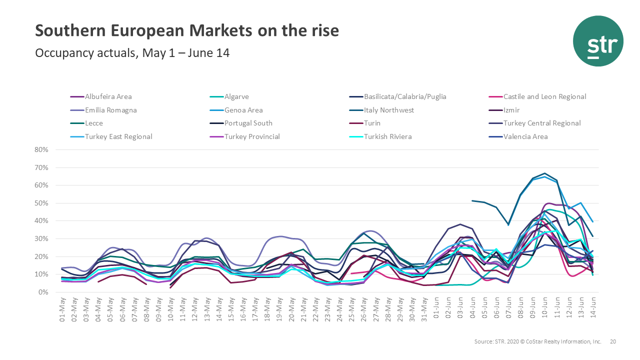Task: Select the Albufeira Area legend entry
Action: (x=108, y=96)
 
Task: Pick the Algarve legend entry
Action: (x=236, y=96)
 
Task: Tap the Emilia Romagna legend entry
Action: (x=110, y=110)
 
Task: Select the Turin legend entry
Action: (x=372, y=123)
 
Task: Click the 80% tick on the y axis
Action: (x=41, y=150)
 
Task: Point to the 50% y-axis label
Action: (x=41, y=203)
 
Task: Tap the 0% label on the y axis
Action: (x=43, y=292)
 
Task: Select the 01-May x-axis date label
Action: (x=62, y=310)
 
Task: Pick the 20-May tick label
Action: (x=291, y=310)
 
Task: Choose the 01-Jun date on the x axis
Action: (x=436, y=310)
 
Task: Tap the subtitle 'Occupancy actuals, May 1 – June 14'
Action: (x=132, y=53)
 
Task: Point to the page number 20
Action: (x=613, y=341)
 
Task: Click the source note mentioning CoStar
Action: (x=537, y=341)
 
